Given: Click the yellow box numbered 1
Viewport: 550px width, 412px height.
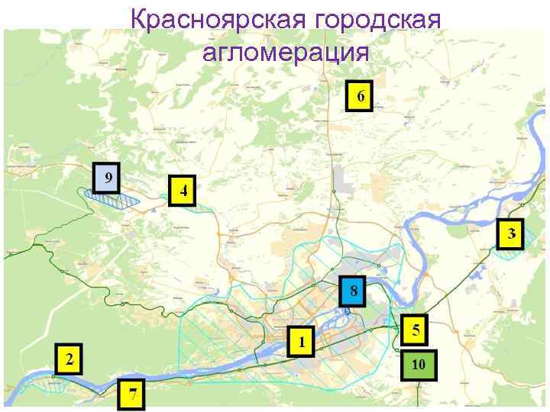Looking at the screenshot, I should (302, 341).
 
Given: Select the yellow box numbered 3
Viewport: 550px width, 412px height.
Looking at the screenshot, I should (511, 233).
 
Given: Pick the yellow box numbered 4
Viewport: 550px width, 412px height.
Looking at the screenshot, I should (183, 191).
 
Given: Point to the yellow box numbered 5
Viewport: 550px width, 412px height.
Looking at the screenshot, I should (416, 330).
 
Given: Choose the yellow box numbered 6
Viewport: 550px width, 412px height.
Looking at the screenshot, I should (359, 96).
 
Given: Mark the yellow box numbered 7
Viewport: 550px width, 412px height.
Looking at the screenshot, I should (133, 394).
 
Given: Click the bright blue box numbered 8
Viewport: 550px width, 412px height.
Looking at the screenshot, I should (353, 290).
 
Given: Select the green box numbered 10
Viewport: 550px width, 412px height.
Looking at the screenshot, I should (418, 365).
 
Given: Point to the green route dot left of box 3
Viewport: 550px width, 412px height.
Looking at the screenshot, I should (489, 248).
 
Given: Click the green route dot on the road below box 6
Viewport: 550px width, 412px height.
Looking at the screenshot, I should (334, 190).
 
